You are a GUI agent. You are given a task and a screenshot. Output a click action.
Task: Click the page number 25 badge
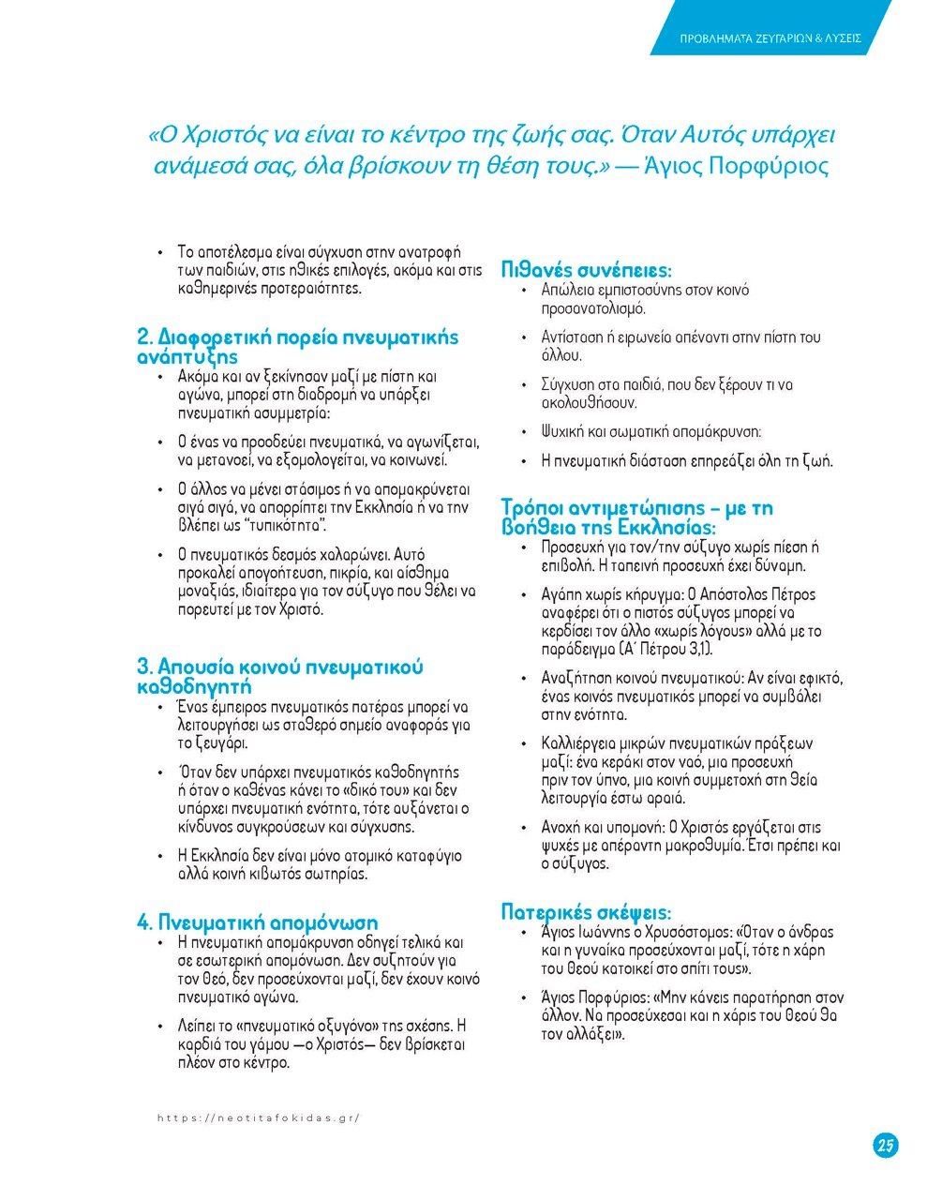[885, 1144]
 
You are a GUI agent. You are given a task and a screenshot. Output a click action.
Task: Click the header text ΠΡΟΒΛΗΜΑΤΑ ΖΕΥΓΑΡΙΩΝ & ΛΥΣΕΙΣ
[770, 39]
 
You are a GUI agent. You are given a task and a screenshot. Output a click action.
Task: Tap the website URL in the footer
[259, 1117]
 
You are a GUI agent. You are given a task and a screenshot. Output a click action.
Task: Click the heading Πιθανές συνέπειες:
[587, 270]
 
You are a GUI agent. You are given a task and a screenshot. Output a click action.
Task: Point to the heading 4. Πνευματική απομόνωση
[258, 922]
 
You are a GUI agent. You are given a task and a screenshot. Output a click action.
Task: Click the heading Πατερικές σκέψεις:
[586, 911]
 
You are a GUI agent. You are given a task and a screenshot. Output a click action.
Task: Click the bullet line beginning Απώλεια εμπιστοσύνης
[645, 291]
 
